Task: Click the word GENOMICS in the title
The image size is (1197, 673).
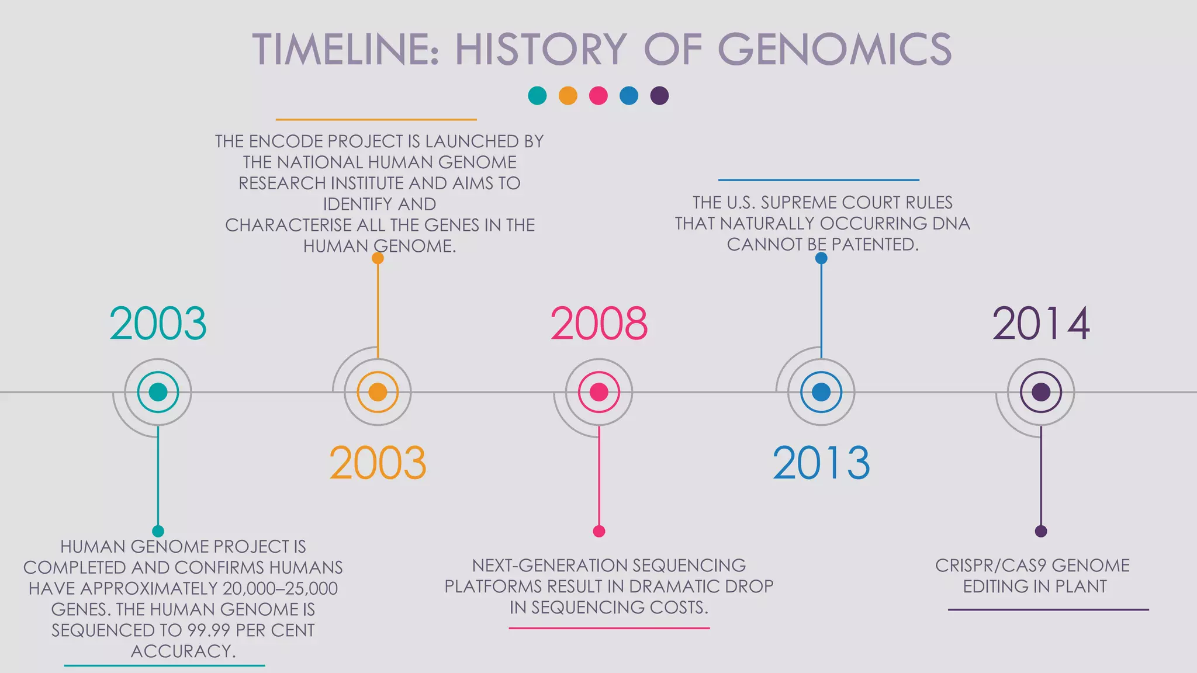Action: coord(834,49)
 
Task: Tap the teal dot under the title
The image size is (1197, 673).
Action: coord(537,96)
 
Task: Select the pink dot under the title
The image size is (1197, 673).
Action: coord(598,96)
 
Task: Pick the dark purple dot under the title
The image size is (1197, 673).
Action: coord(659,96)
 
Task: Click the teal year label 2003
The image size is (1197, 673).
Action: coord(158,324)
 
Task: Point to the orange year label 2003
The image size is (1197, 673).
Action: coord(378,463)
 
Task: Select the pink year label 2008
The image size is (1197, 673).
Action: coord(598,324)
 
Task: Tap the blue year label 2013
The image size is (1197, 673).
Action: coord(821,463)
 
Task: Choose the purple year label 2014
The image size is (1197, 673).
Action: coord(1040,324)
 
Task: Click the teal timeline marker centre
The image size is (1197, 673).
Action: coord(158,392)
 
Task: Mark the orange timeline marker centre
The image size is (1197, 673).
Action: coord(378,392)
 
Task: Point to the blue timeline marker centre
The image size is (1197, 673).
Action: coord(821,392)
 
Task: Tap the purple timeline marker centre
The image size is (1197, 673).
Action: coord(1041,392)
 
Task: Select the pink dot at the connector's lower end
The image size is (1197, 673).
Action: coord(598,531)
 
